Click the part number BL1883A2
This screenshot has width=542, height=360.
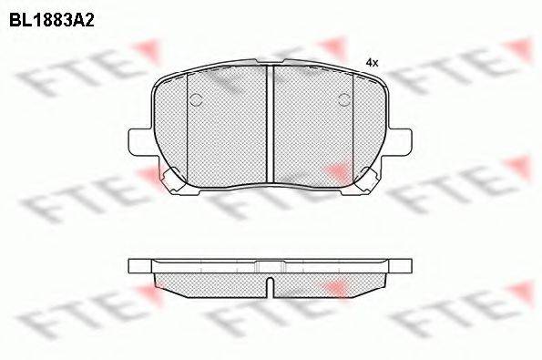(x=52, y=21)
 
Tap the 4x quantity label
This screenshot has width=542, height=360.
(x=373, y=63)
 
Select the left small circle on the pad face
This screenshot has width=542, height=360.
(x=196, y=99)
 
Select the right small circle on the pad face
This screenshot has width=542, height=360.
(x=344, y=99)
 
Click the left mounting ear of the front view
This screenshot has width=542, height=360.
(x=140, y=142)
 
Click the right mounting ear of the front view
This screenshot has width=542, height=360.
(x=400, y=142)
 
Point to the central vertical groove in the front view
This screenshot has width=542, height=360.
(x=271, y=124)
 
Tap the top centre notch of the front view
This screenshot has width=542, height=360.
(x=271, y=62)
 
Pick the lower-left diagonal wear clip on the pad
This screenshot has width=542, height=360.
(x=173, y=179)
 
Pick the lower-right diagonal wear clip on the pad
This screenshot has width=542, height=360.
(x=367, y=179)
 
